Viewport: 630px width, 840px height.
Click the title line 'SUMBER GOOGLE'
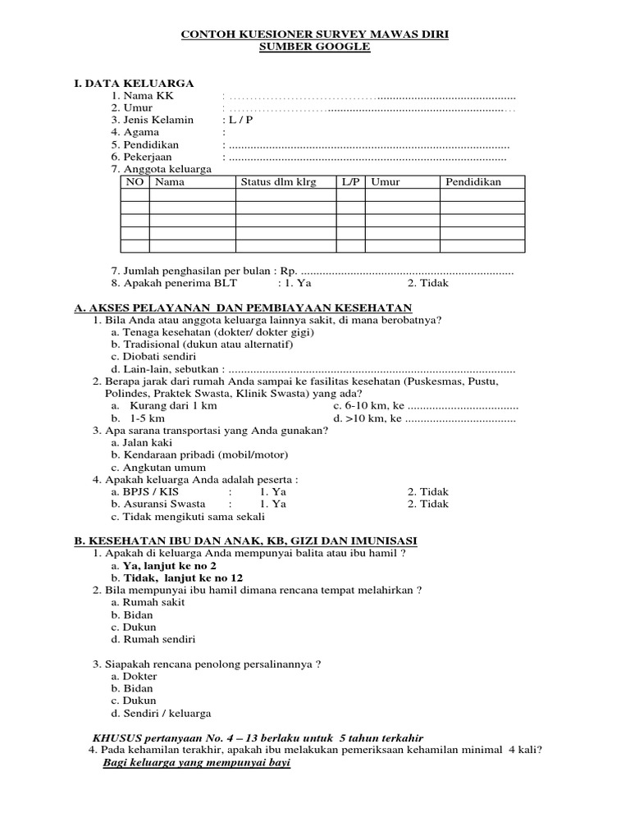click(x=315, y=48)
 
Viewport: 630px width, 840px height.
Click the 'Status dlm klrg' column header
click(x=277, y=182)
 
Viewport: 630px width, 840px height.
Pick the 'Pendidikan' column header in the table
click(x=473, y=182)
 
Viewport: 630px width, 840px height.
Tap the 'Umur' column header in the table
click(x=386, y=182)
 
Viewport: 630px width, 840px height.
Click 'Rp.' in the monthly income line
click(x=289, y=271)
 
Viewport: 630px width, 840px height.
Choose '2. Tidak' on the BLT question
click(x=428, y=283)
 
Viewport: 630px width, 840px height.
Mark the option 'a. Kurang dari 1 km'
click(x=162, y=406)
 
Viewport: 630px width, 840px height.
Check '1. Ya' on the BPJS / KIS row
click(x=273, y=492)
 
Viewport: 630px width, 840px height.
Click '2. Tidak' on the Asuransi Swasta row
click(x=428, y=504)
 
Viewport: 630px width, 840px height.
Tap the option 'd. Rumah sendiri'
click(x=153, y=639)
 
